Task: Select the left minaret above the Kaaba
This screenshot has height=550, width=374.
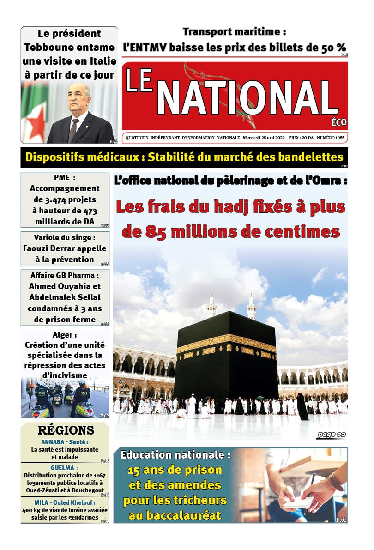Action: [x=211, y=306]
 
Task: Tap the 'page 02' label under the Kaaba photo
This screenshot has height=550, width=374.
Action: [x=331, y=435]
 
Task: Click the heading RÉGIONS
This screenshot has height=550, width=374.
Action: [x=66, y=430]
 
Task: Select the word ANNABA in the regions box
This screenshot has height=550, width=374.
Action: [x=55, y=442]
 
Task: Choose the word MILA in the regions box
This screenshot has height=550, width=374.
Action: [x=42, y=502]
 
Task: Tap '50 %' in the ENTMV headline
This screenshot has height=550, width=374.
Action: [x=334, y=47]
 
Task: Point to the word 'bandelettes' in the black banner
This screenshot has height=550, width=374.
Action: [x=311, y=157]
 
